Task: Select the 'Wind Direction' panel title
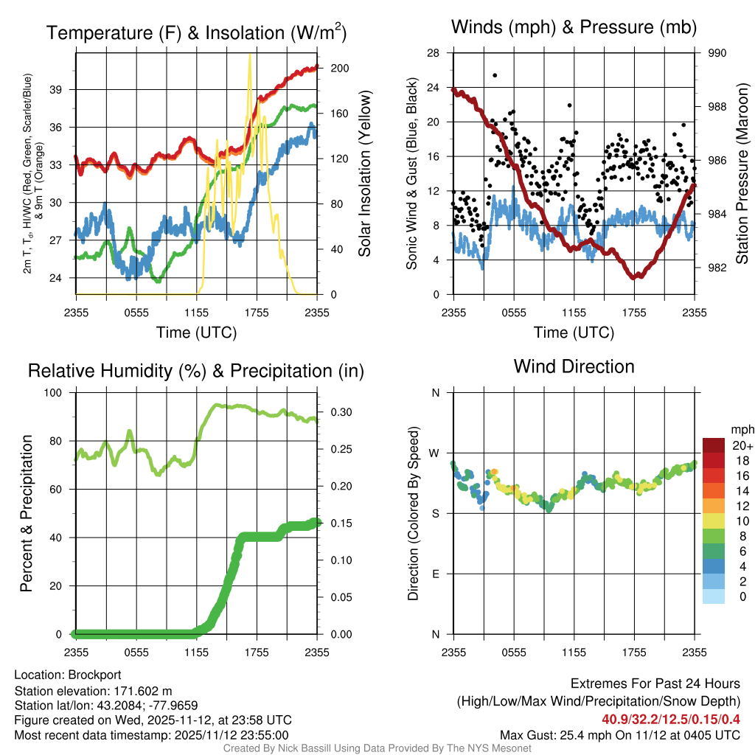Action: click(x=574, y=366)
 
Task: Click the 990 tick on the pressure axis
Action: click(x=717, y=53)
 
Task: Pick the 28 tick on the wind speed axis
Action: click(x=434, y=53)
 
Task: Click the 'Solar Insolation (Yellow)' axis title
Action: click(x=364, y=173)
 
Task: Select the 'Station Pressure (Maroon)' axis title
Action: click(x=742, y=173)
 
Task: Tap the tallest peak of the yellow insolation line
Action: click(x=251, y=55)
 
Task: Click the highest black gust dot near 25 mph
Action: click(x=495, y=75)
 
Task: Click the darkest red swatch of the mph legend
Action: click(x=714, y=446)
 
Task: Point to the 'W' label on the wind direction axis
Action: click(x=435, y=453)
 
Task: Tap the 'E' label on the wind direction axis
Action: click(x=436, y=574)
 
